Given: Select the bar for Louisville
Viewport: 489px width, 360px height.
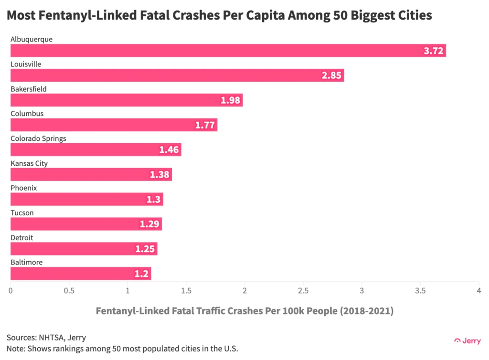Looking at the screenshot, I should point(177,75).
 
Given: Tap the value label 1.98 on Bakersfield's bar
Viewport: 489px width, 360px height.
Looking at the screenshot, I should point(231,100).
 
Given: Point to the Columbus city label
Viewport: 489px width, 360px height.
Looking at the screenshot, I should point(27,114).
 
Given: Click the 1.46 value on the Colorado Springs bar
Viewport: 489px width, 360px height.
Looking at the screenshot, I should point(169,150).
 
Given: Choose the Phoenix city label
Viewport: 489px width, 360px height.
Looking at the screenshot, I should point(24,188).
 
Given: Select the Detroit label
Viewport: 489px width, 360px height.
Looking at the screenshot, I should point(22,238).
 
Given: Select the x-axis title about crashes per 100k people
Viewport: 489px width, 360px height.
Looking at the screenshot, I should point(244,311).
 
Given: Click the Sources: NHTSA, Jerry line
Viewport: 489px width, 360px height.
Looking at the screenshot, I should point(46,338).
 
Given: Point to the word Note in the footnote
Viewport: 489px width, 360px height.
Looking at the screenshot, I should point(15,349).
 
